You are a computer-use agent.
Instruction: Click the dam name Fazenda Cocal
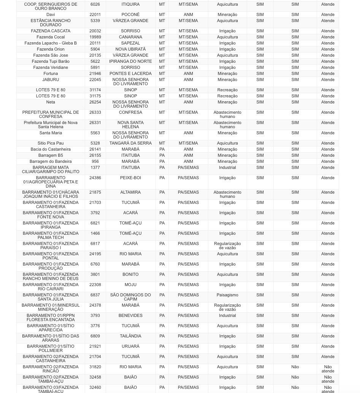pyautogui.click(x=51, y=37)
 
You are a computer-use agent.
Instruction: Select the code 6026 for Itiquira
pyautogui.click(x=95, y=5)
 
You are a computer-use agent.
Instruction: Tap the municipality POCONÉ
pyautogui.click(x=130, y=15)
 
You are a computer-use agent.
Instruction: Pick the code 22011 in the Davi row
pyautogui.click(x=95, y=15)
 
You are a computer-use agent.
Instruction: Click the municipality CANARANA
pyautogui.click(x=130, y=37)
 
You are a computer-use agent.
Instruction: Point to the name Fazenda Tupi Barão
pyautogui.click(x=51, y=62)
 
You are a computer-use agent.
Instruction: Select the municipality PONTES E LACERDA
pyautogui.click(x=130, y=74)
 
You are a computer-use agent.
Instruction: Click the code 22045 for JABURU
pyautogui.click(x=95, y=80)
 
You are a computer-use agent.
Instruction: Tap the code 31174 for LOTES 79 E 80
pyautogui.click(x=95, y=90)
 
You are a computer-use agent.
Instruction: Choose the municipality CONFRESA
pyautogui.click(x=130, y=113)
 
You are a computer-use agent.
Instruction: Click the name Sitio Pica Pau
pyautogui.click(x=51, y=143)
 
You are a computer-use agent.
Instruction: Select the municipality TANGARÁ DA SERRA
pyautogui.click(x=130, y=143)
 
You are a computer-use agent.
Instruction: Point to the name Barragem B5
pyautogui.click(x=51, y=156)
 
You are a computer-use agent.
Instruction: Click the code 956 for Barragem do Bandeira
pyautogui.click(x=95, y=162)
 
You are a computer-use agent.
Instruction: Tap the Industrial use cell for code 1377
pyautogui.click(x=227, y=168)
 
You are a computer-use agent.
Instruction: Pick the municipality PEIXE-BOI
pyautogui.click(x=130, y=178)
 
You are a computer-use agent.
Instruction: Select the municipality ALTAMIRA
pyautogui.click(x=130, y=193)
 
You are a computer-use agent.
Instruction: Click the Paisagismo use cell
pyautogui.click(x=227, y=295)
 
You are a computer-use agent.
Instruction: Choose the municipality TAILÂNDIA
pyautogui.click(x=130, y=336)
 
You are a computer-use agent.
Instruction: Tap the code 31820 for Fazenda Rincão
pyautogui.click(x=95, y=367)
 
